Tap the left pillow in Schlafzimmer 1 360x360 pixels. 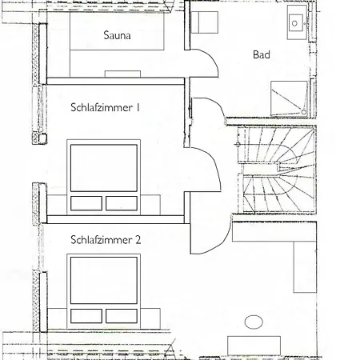(87, 203)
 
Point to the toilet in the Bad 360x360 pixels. (204, 22)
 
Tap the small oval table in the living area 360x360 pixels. (254, 323)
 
